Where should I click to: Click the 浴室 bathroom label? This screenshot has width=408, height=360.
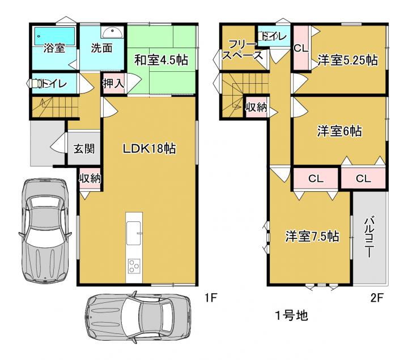[54, 48]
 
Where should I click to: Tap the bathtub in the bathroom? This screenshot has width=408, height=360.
[54, 36]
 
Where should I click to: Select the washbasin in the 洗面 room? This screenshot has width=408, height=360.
[112, 33]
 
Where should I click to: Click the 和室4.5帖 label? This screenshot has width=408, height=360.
[161, 61]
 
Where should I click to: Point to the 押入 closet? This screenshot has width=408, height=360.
[113, 83]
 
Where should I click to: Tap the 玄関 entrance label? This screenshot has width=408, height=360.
[84, 148]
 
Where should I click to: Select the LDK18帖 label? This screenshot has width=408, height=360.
[149, 148]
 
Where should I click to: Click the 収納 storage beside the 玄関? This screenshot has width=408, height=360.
[90, 179]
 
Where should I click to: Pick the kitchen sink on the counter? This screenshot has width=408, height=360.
[134, 233]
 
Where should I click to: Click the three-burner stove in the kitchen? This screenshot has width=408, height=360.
[134, 266]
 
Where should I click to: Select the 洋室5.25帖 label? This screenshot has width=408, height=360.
[348, 61]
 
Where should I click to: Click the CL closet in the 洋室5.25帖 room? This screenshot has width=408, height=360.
[301, 48]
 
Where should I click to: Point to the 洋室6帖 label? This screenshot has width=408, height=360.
[339, 131]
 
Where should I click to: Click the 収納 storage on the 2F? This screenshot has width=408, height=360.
[257, 107]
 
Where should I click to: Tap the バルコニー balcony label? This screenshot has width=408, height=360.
[369, 237]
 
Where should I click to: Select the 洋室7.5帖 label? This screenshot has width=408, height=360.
[312, 236]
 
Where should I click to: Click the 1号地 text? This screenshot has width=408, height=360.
[292, 315]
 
